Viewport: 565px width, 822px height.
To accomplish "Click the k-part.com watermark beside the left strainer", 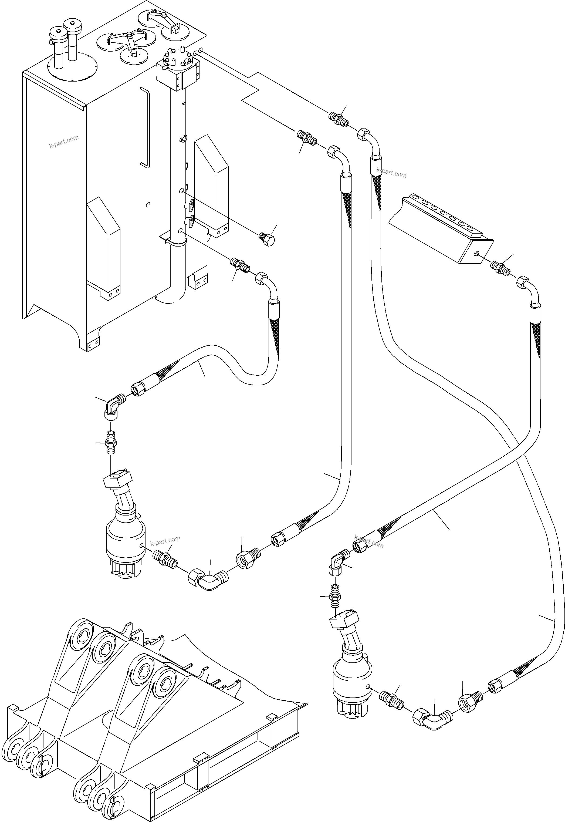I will click(165, 541).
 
